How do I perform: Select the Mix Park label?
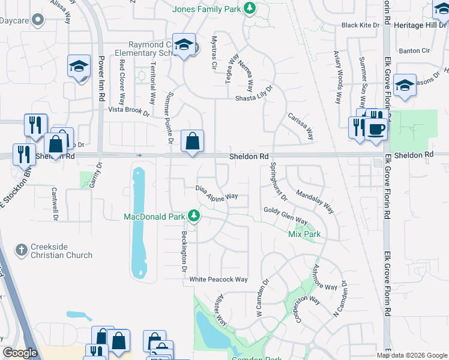pos(304,234)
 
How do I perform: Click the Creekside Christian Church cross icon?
pos(21,250)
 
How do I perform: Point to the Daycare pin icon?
pos(38,20)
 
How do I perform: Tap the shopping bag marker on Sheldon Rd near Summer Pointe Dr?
pos(192,143)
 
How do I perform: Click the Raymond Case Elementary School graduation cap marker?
pos(184,45)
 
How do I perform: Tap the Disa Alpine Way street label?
pos(217,192)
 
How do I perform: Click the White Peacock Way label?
pos(218,280)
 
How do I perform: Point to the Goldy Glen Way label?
pos(286,215)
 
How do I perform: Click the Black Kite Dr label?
pos(361,25)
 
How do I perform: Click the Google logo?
pos(20,353)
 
